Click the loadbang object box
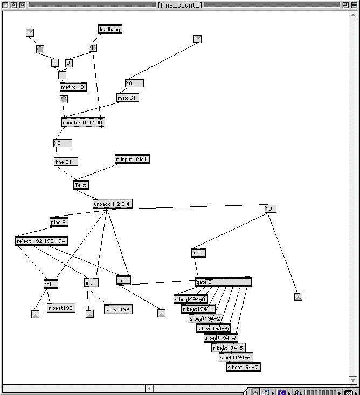point(110,29)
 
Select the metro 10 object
point(73,87)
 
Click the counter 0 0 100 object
point(83,122)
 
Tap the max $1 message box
point(128,98)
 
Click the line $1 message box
point(66,162)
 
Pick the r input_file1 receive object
point(131,159)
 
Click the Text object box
point(81,185)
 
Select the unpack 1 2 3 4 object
point(112,204)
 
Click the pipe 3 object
point(59,222)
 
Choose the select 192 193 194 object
point(41,241)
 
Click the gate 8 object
point(223,282)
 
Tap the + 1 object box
point(198,253)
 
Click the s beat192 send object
point(60,308)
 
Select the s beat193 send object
point(117,309)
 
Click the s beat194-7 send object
point(243,367)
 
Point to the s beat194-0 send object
point(190,299)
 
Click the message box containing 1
point(55,63)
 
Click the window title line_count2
point(180,5)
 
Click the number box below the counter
point(63,143)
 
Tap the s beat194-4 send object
point(220,338)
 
